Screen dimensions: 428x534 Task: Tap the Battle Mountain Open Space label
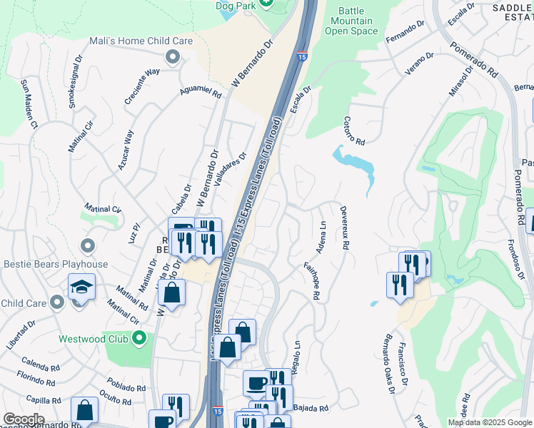click(x=351, y=21)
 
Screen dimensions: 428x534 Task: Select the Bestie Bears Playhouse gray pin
click(x=88, y=246)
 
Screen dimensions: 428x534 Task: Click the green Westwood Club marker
click(x=138, y=338)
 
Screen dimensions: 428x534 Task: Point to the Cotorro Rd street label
click(x=354, y=130)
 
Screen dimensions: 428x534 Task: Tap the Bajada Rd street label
click(x=310, y=409)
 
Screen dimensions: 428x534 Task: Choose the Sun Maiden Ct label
click(x=29, y=103)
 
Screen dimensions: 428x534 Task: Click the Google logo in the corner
click(x=24, y=419)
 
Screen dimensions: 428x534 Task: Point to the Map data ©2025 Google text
click(x=489, y=422)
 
